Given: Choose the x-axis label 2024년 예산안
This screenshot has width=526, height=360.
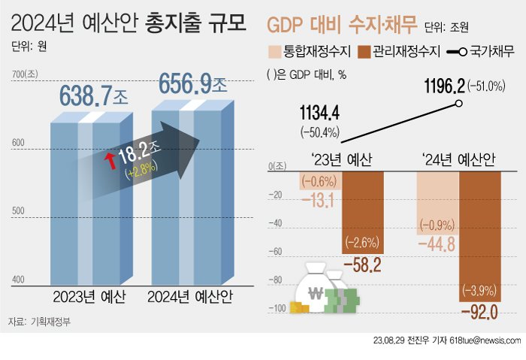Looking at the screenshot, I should point(189,296).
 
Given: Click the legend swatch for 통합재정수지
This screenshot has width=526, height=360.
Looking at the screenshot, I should point(274,52).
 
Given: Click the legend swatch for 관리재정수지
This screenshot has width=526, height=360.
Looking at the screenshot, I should point(367,52).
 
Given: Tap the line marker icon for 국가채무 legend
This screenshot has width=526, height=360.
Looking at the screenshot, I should point(459,53).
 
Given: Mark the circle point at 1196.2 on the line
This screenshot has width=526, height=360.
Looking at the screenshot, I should point(458,104).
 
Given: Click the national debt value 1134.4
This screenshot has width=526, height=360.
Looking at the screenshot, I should point(320,113).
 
